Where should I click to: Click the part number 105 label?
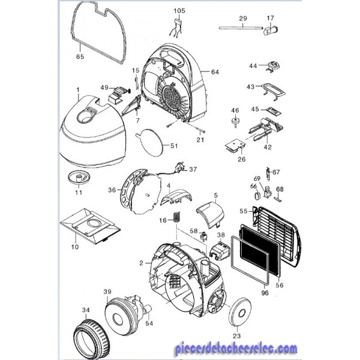pos(180,11)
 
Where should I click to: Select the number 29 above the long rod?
pos(242,19)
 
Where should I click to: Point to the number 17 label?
pos(270,19)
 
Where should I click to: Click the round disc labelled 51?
pos(149,143)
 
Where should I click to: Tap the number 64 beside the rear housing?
pos(215,72)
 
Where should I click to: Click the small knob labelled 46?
pos(235,123)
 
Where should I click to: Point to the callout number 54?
pos(149,323)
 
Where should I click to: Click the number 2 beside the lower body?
pos(142,263)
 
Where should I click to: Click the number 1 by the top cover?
pos(78,90)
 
